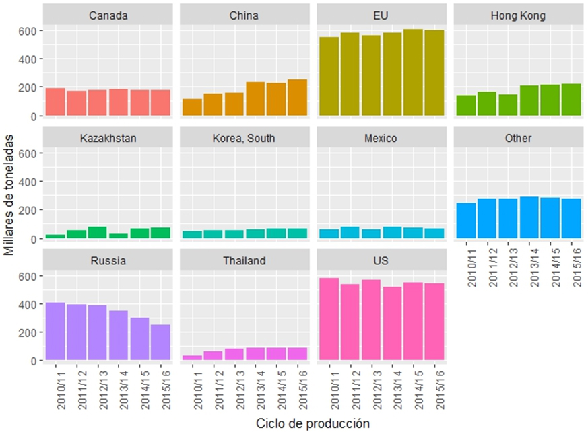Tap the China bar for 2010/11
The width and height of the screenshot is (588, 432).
pos(192,108)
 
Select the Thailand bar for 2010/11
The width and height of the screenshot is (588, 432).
pos(192,358)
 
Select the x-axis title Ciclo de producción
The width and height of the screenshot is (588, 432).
pos(313,423)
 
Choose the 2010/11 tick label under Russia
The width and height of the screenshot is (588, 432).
pos(55,388)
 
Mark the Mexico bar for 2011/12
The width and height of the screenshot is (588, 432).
pos(350,233)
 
